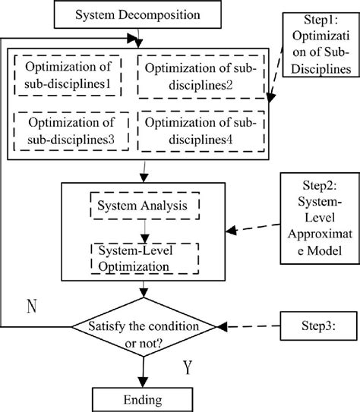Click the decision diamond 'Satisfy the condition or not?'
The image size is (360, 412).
(x=144, y=327)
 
